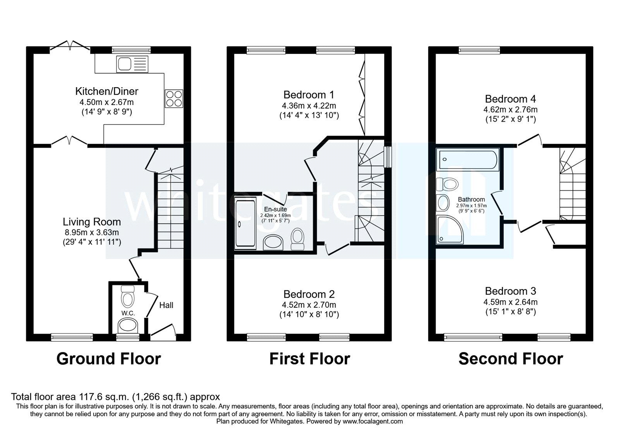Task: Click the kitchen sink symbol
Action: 132,64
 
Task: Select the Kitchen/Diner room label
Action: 106,91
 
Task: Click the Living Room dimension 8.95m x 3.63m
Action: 92,232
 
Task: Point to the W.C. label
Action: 128,313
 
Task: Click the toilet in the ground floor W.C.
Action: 128,297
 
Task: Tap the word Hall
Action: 166,305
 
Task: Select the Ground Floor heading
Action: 108,359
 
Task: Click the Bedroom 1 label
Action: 309,95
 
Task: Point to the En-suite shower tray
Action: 245,224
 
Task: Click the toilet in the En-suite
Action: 298,239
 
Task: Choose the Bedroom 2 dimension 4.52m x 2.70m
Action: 309,305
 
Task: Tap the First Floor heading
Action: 309,359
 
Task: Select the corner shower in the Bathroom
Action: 450,229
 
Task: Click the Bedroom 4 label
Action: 511,99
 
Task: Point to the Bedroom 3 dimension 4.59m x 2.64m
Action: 511,302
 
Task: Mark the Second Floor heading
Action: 511,359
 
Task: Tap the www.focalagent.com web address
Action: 373,421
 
